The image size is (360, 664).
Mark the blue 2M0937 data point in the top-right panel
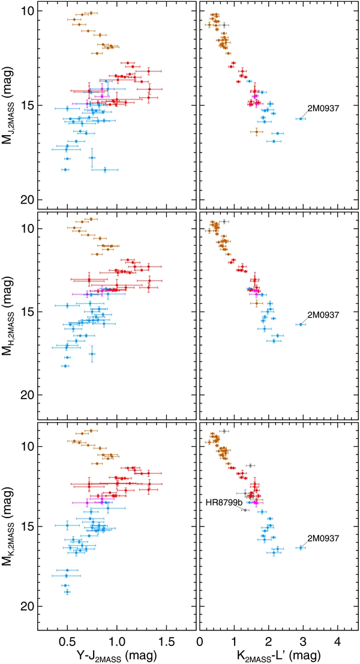[x=299, y=119]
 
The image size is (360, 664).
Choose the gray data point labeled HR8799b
[x=245, y=510]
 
